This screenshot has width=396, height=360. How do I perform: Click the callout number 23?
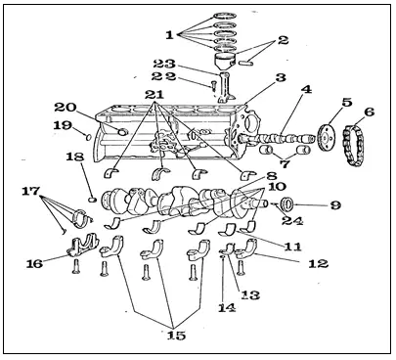point(164,64)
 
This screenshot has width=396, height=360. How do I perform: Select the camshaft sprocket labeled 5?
point(327,138)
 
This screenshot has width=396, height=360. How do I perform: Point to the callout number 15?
point(176,335)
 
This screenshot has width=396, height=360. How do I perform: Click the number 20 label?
point(66,107)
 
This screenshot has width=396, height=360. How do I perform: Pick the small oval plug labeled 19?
point(88,137)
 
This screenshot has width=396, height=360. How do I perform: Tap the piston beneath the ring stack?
point(226,62)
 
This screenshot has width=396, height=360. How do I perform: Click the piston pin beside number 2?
point(246,63)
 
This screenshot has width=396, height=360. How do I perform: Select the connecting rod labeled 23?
point(227,87)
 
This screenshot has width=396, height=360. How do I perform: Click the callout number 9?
point(335,205)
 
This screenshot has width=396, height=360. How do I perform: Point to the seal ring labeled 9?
point(287,204)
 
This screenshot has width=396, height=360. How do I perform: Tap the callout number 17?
point(30,192)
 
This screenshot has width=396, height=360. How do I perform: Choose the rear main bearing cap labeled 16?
point(83,246)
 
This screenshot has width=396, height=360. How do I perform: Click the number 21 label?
point(154,95)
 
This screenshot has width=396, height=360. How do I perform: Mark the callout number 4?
point(306,89)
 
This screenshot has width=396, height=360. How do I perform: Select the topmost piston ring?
point(225,16)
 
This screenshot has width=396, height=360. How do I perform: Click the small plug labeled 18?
point(93,199)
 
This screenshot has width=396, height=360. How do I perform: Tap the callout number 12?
point(318,263)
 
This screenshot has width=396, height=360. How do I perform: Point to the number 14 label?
point(227,307)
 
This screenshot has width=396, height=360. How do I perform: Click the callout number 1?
point(169,35)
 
